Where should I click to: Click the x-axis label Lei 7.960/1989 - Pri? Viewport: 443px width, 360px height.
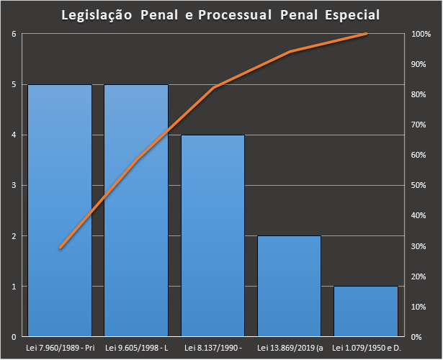[x=60, y=348]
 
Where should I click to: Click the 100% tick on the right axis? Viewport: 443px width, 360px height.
[x=421, y=34]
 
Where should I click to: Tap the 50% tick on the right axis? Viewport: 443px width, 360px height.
[x=420, y=185]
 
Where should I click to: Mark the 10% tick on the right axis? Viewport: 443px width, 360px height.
[x=420, y=306]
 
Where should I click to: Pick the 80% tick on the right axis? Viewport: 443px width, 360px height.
[x=420, y=94]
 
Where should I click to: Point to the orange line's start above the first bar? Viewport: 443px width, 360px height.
[x=60, y=248]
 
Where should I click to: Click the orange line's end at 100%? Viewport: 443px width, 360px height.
[x=366, y=34]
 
